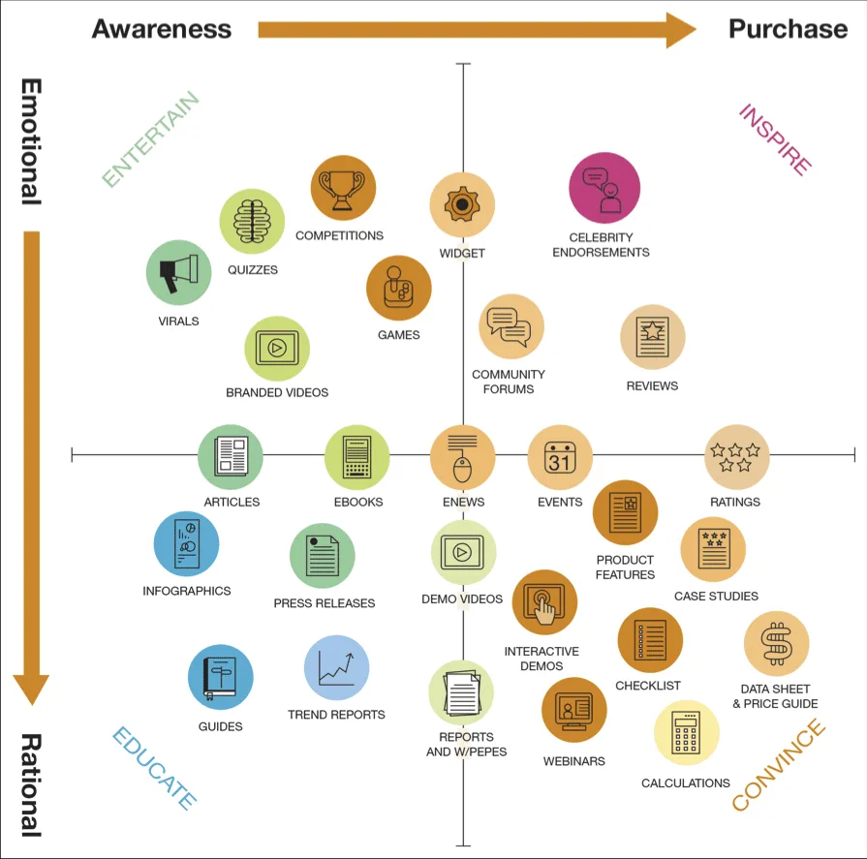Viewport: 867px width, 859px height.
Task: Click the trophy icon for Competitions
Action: tap(343, 188)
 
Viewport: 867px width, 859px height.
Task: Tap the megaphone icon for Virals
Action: tap(178, 272)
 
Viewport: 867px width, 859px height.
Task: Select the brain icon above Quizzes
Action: tap(252, 221)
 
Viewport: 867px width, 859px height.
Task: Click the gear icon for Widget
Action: tap(462, 205)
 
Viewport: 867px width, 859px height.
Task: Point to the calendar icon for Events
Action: tap(560, 457)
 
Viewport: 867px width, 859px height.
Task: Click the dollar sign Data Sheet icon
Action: tap(776, 644)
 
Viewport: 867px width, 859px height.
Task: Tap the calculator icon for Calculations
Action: tap(686, 733)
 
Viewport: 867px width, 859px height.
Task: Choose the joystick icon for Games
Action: tap(398, 288)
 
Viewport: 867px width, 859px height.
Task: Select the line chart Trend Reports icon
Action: tap(336, 667)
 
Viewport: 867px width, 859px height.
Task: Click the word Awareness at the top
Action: tap(162, 29)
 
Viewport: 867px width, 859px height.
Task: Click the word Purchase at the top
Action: tap(788, 29)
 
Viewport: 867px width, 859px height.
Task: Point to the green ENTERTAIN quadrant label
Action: tap(151, 139)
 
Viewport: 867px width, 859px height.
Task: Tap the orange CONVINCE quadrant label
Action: tap(779, 765)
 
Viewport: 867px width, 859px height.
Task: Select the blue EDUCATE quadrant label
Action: tap(155, 768)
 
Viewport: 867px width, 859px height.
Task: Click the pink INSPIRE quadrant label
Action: tap(775, 139)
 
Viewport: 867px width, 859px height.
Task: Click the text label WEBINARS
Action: tap(574, 761)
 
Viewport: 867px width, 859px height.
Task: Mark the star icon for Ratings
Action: tap(736, 457)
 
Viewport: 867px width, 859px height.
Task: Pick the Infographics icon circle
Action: tap(186, 543)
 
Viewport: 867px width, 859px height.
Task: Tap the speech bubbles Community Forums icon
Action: tap(511, 327)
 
